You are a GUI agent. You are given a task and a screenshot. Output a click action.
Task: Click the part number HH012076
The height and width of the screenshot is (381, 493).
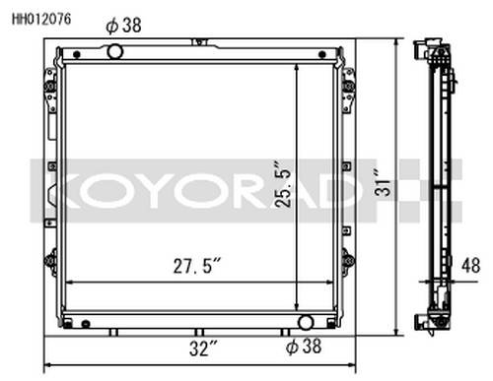point(41,19)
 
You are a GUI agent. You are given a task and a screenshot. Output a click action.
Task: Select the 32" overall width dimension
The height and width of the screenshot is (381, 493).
point(203,349)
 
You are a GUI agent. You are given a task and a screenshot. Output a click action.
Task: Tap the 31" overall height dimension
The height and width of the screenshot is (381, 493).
point(382,183)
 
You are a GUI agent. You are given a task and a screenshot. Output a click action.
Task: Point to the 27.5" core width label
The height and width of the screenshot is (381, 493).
point(197,266)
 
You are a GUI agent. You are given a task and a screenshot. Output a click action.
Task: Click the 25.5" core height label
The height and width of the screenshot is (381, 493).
point(283,184)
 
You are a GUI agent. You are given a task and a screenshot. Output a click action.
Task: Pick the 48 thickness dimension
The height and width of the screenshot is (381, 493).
point(470,266)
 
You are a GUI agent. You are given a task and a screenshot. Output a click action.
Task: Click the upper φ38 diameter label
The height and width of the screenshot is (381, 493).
point(123,26)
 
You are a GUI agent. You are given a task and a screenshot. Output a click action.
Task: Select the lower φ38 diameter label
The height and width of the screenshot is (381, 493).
point(304,347)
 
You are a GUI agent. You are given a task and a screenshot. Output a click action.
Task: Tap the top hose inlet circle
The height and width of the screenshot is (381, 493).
point(115,51)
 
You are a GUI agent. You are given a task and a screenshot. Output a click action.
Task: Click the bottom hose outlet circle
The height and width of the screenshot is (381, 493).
point(306,322)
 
